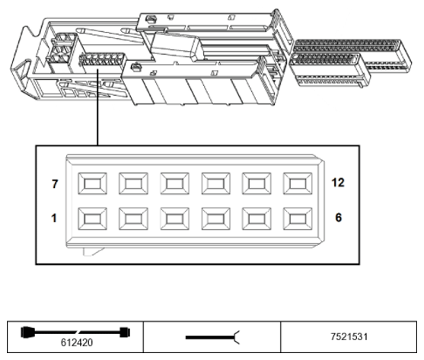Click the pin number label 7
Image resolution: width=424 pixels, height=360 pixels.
pos(55,183)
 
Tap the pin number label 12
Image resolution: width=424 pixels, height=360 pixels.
pos(338,183)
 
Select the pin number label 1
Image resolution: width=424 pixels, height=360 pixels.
pos(54,218)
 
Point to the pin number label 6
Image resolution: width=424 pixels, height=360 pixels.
pos(339,218)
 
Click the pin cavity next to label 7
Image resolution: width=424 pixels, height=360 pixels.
pos(92,183)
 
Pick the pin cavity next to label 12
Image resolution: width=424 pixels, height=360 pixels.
pos(298,183)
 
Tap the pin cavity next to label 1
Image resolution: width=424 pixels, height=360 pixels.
pos(92,218)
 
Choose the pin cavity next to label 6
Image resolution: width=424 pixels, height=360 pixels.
pos(298,218)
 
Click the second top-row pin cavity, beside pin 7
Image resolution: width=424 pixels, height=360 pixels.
pos(133,183)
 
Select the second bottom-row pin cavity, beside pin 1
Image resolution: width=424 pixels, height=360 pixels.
pos(133,218)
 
